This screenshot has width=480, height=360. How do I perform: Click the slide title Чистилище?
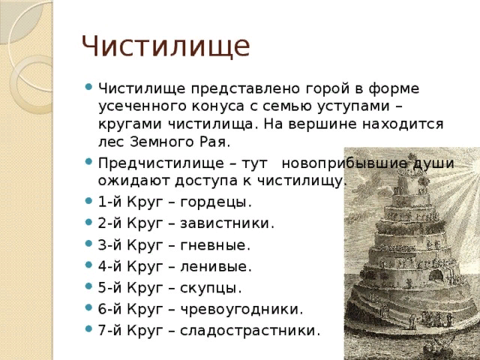[x=166, y=46]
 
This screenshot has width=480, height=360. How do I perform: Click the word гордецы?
[x=216, y=202]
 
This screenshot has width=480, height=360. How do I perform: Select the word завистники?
[x=227, y=223]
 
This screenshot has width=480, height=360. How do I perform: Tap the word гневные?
[x=215, y=245]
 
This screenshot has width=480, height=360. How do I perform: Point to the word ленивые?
[x=216, y=266]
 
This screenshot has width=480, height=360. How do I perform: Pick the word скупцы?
[x=211, y=288]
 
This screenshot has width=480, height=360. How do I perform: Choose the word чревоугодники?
[x=241, y=310]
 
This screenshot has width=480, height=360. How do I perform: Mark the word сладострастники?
[x=250, y=331]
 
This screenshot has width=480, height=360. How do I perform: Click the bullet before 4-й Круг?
[x=88, y=265]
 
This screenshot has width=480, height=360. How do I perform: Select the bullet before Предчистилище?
[x=88, y=161]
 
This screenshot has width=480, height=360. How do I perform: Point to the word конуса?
[x=218, y=106]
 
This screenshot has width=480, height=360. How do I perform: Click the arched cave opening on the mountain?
[x=436, y=275]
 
